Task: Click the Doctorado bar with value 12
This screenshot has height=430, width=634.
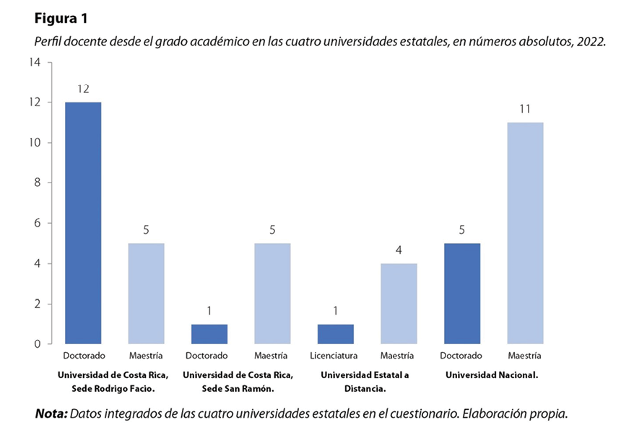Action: click(83, 223)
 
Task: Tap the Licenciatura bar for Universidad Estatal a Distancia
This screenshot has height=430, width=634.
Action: click(336, 334)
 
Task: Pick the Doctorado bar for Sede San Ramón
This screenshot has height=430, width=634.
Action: click(209, 334)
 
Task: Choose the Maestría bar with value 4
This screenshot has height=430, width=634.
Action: click(399, 304)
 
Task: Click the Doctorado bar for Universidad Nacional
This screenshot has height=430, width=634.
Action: click(462, 294)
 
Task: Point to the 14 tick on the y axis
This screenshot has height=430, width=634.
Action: click(35, 62)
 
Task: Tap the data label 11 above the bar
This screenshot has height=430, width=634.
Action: click(525, 109)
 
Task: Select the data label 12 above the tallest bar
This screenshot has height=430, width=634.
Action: click(83, 89)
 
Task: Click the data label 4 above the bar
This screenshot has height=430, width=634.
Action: click(399, 250)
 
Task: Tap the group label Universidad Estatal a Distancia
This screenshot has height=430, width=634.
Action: click(365, 381)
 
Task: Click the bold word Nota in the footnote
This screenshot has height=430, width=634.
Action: click(51, 414)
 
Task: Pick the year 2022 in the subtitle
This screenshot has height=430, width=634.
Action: click(589, 42)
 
